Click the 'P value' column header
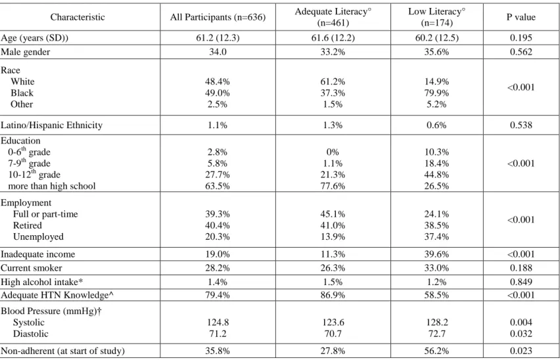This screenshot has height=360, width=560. point(521,17)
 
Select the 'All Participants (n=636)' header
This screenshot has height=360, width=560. point(218,17)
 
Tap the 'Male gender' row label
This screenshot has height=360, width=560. point(26,52)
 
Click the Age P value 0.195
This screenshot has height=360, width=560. point(521,38)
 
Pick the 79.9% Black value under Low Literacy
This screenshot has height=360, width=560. point(436,93)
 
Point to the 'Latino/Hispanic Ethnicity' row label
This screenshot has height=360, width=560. point(51,125)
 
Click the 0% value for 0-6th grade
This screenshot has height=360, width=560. point(333,152)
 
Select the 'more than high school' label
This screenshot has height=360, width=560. point(52,187)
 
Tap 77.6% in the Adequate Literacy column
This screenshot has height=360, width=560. point(333,187)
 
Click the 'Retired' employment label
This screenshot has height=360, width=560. point(28,225)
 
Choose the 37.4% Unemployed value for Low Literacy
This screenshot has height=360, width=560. point(436,237)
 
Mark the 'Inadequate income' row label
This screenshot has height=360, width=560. point(38,254)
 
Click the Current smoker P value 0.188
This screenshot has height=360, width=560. point(521,268)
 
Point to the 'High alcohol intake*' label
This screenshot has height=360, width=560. point(42,282)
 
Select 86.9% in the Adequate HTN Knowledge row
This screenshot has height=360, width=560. point(333,296)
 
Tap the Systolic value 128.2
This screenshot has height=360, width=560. point(437,323)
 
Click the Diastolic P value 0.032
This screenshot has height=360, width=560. point(521,334)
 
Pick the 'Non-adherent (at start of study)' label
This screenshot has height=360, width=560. point(62,351)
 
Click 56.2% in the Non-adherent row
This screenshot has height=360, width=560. point(436,351)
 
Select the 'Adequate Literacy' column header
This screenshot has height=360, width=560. point(333,17)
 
